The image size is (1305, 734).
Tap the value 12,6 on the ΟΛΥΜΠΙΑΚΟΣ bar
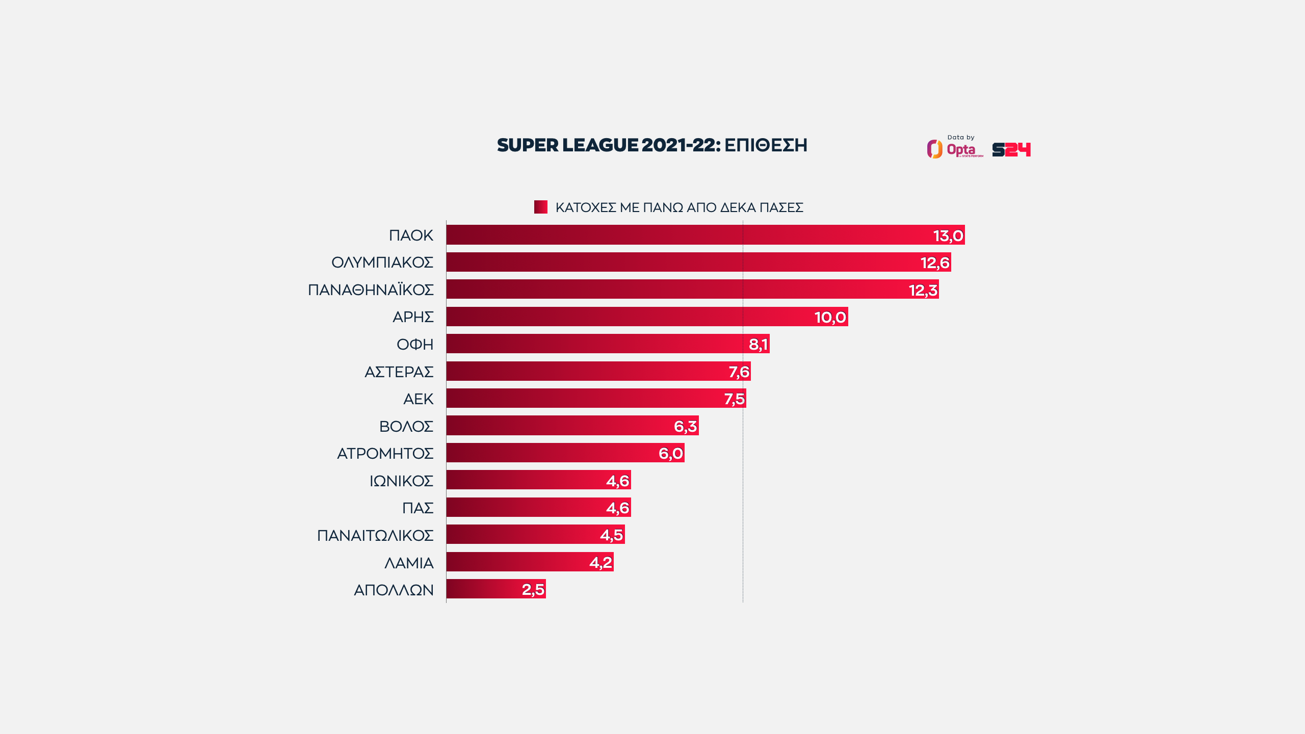pos(935,263)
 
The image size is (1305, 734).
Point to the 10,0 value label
pos(830,317)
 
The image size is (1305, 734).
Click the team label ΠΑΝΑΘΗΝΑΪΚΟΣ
pos(371,290)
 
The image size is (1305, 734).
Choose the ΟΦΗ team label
pos(415,345)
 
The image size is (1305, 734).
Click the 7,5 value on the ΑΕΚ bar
pos(735,399)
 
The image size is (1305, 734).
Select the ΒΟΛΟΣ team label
pos(406,426)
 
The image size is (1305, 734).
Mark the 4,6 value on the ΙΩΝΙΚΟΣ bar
pos(618,481)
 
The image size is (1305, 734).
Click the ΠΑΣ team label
pos(417,508)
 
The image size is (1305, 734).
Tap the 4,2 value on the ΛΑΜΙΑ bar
pos(601,562)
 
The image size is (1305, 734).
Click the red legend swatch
pos(540,207)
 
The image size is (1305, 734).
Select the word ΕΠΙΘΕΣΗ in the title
pos(766,145)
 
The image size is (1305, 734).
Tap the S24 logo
pos(1011,149)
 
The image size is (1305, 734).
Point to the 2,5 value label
pos(533,590)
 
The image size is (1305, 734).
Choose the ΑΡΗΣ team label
pos(413,317)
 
